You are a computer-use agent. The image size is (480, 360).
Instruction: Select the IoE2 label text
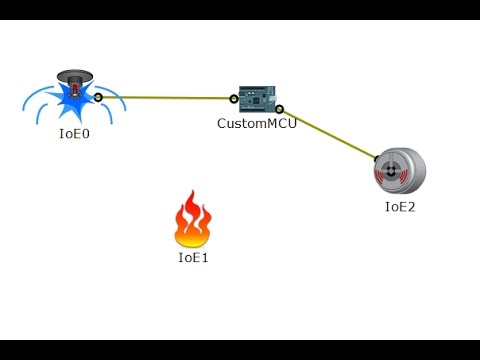tap(400, 207)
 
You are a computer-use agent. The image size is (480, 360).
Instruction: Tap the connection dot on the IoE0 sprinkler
tap(98, 97)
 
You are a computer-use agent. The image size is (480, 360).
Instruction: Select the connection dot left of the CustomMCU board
tap(234, 98)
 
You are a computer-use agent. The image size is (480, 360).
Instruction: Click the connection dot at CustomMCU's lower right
tap(280, 109)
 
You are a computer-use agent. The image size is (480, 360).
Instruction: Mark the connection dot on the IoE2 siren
tap(379, 158)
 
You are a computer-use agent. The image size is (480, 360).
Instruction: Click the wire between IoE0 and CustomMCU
tap(165, 98)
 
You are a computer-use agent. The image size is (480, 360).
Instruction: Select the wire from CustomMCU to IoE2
tap(330, 134)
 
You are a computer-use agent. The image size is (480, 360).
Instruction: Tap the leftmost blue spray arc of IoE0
tap(30, 100)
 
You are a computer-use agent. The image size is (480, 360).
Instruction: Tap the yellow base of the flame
tap(191, 238)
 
